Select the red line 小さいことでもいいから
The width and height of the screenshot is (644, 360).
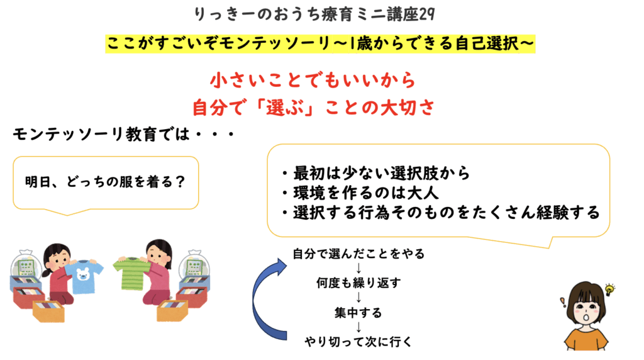click(x=313, y=81)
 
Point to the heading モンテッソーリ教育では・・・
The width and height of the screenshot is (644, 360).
click(x=123, y=135)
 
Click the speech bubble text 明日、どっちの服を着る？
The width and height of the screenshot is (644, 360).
click(x=106, y=182)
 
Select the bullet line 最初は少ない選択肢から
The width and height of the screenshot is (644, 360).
click(x=376, y=174)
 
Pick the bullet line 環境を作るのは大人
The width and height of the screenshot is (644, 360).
click(x=360, y=193)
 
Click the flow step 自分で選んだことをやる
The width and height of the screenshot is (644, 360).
click(x=358, y=254)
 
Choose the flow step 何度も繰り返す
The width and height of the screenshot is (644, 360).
click(x=358, y=283)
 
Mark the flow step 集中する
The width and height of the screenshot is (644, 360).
click(x=358, y=313)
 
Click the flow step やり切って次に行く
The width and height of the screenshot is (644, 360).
click(x=358, y=342)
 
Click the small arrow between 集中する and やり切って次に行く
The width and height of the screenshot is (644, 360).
click(x=358, y=327)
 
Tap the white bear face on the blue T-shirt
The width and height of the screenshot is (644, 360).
click(x=84, y=273)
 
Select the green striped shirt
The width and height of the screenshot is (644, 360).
click(x=132, y=272)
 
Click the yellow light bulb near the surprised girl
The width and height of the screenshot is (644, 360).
click(x=609, y=289)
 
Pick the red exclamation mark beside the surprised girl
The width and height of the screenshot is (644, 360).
click(x=563, y=302)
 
